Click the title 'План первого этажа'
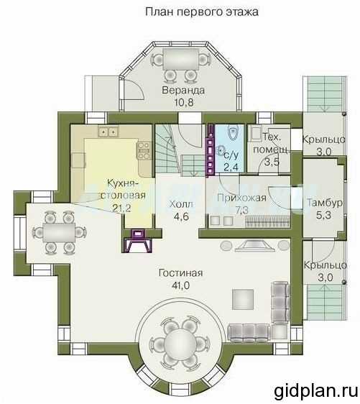pyautogui.click(x=202, y=12)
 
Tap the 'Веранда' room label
pyautogui.click(x=183, y=90)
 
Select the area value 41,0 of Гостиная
pyautogui.click(x=180, y=285)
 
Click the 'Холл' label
pyautogui.click(x=181, y=204)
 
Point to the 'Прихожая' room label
pyautogui.click(x=241, y=198)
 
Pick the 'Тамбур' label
pyautogui.click(x=325, y=203)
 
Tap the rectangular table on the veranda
pyautogui.click(x=181, y=59)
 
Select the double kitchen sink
pyautogui.click(x=109, y=132)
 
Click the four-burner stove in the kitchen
pyautogui.click(x=144, y=150)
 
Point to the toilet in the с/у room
pyautogui.click(x=233, y=133)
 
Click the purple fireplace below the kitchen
pyautogui.click(x=139, y=240)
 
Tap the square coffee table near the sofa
pyautogui.click(x=243, y=299)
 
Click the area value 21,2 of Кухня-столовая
pyautogui.click(x=122, y=208)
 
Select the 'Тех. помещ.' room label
pyautogui.click(x=272, y=143)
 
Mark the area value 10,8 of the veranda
pyautogui.click(x=184, y=102)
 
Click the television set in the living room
pyautogui.click(x=254, y=246)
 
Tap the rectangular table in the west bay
pyautogui.click(x=59, y=232)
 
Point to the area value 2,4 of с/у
pyautogui.click(x=231, y=167)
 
